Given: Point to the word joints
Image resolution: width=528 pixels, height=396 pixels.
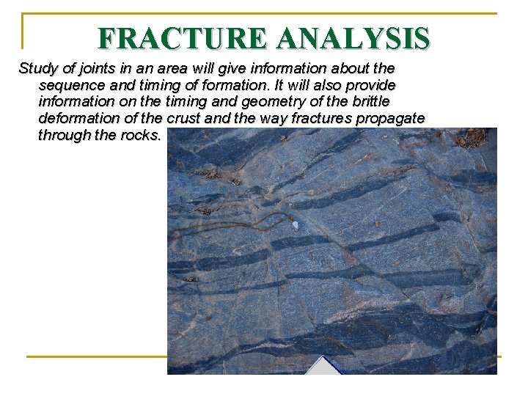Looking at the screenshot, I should point(94,69).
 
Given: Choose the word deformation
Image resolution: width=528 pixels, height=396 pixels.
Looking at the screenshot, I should point(79,118).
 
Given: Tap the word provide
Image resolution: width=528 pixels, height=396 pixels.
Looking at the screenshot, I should point(371,85).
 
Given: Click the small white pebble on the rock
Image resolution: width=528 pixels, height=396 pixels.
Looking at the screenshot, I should point(295,225).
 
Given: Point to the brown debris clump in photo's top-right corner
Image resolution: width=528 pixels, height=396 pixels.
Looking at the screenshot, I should point(473,137).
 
